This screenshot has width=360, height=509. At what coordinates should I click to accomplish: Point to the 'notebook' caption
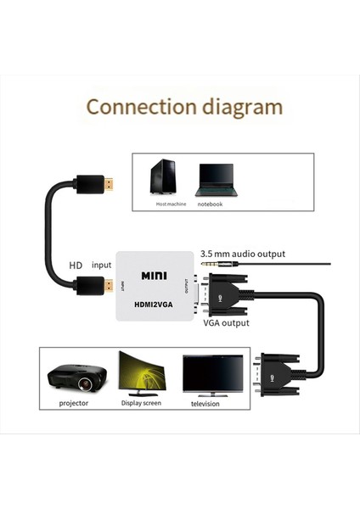[210, 204]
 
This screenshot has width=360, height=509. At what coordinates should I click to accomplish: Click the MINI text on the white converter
[155, 276]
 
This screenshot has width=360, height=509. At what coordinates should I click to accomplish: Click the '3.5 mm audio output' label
[242, 254]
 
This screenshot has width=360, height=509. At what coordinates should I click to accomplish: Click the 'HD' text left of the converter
[76, 265]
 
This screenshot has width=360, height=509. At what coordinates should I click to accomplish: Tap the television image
[212, 374]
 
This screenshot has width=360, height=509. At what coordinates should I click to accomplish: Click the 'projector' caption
[74, 404]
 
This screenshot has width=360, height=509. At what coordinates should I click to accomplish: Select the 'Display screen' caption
[141, 404]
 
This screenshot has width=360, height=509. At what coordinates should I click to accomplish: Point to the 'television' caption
[205, 404]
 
